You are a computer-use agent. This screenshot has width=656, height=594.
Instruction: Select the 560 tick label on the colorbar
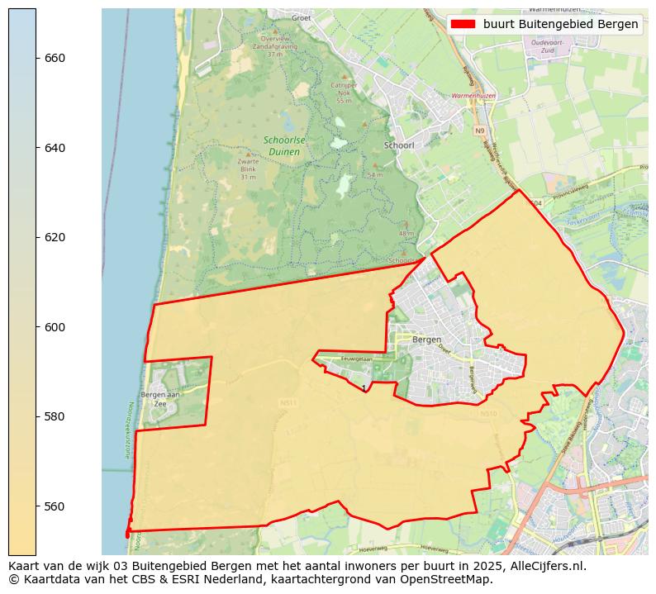tap(55, 506)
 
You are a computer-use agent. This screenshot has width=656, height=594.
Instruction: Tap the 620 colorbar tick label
tap(55, 237)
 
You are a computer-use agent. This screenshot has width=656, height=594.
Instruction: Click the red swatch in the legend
tap(463, 24)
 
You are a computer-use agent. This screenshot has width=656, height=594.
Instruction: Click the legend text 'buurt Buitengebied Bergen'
tap(560, 24)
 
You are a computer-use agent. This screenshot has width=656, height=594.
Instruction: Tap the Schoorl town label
tap(398, 145)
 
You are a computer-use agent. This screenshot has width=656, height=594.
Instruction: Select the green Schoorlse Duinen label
tap(284, 146)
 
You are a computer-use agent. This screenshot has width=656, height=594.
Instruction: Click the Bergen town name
tap(426, 340)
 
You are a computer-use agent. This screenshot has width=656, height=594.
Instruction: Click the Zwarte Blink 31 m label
tap(248, 169)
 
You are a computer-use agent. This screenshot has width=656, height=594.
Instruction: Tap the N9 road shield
tap(479, 131)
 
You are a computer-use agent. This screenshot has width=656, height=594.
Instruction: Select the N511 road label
tap(288, 403)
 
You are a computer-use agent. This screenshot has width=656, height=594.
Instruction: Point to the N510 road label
tap(488, 414)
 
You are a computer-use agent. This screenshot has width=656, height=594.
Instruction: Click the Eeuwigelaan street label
tap(357, 359)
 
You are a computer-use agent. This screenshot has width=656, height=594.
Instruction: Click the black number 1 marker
tap(364, 387)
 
